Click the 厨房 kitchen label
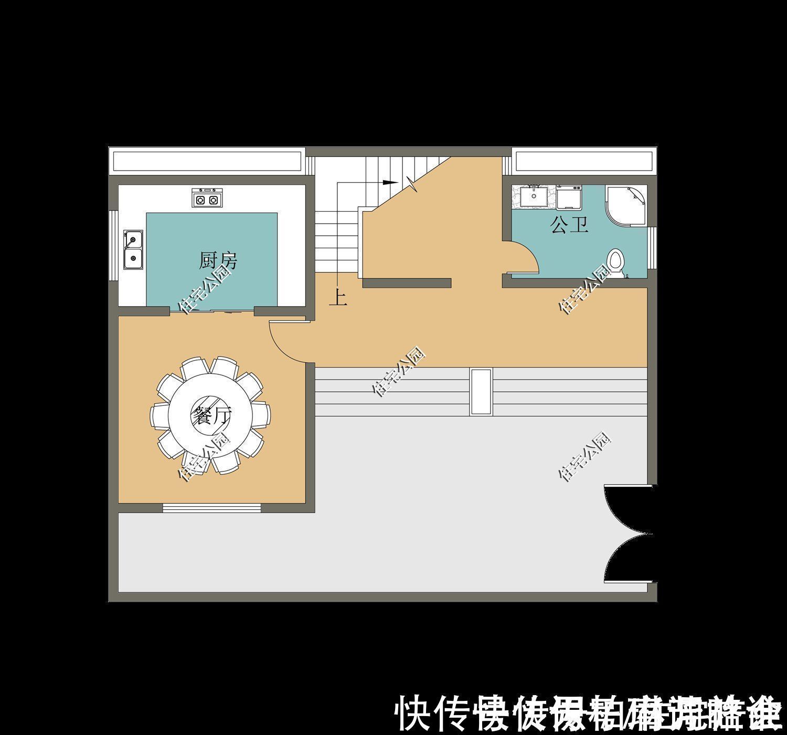coord(218,260)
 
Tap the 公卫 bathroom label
coord(569,225)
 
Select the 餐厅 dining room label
coord(211,416)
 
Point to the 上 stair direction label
coord(337,299)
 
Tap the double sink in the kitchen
coord(133,249)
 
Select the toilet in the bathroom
coord(616,262)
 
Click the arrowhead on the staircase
coord(389,182)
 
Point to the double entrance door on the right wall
coord(627,534)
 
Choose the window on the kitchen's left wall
coord(113,246)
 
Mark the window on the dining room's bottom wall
coord(211,508)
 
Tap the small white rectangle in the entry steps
coord(481,392)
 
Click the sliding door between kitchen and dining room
coord(212,311)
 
